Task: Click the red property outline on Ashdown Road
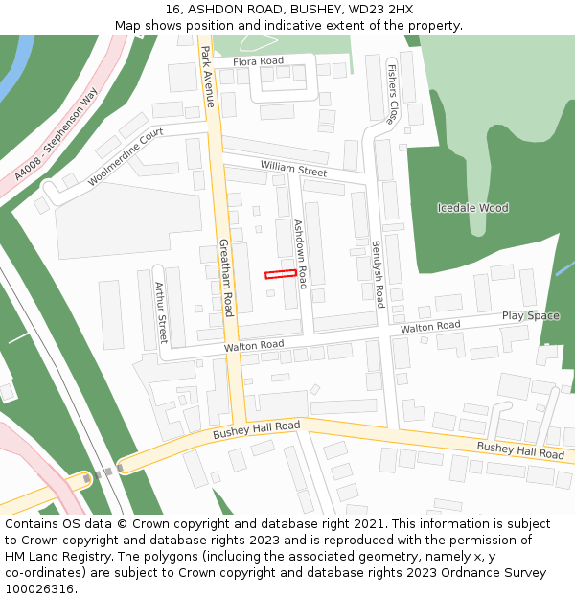[281, 274]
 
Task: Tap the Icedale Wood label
[472, 208]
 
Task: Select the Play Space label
[530, 316]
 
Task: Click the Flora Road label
[258, 61]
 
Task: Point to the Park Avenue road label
[208, 78]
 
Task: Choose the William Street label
[293, 171]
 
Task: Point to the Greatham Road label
[227, 278]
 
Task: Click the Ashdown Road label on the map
[300, 254]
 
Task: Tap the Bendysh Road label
[378, 273]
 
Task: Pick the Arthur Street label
[161, 312]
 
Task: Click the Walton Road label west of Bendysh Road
[254, 345]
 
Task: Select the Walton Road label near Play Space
[430, 327]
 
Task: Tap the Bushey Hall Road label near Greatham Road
[256, 430]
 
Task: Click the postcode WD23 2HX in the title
[374, 9]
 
